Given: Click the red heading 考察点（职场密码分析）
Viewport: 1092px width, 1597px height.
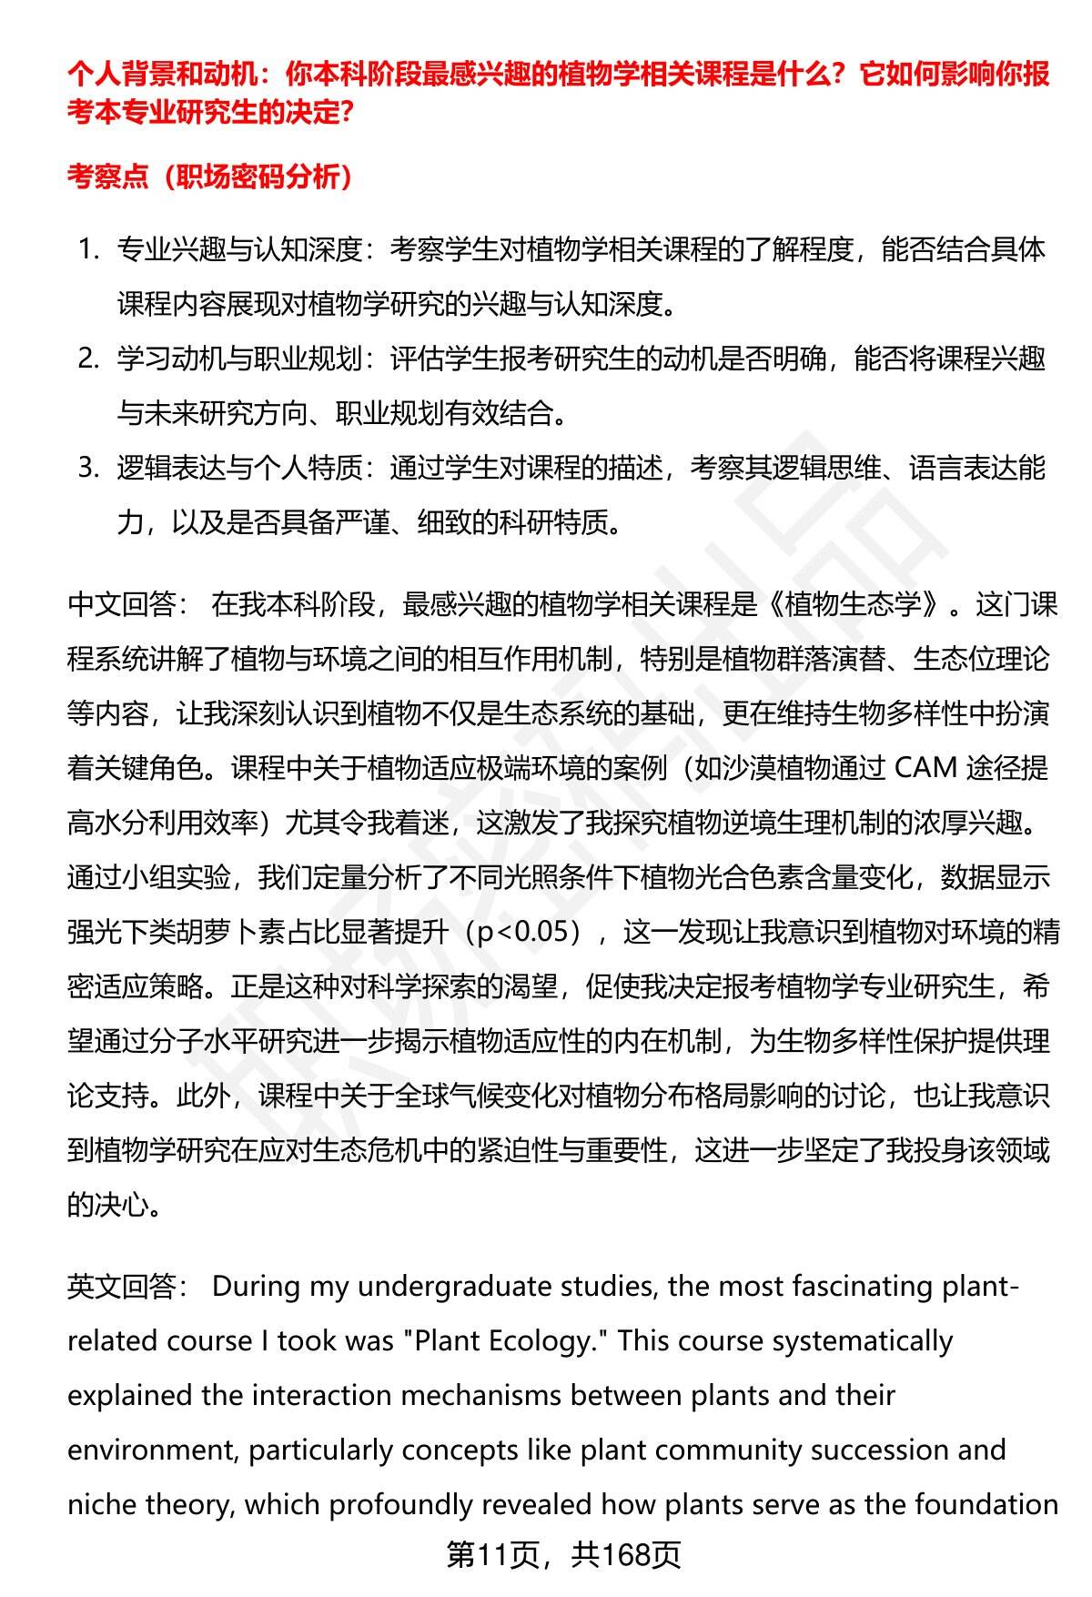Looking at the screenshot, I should coord(210,177).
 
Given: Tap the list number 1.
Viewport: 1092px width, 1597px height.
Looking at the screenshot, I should coord(87,249).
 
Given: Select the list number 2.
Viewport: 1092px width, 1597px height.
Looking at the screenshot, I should coord(87,359).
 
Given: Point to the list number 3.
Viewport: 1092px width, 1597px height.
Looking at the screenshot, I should coord(87,468).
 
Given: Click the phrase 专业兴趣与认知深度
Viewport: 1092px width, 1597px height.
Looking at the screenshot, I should coord(239,249).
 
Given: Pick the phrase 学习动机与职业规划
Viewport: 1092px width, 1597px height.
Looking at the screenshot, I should coord(239,359).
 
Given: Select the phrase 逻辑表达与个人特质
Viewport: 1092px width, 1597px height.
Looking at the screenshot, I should coord(239,468).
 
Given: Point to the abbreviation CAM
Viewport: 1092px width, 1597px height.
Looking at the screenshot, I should coord(926,768).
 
